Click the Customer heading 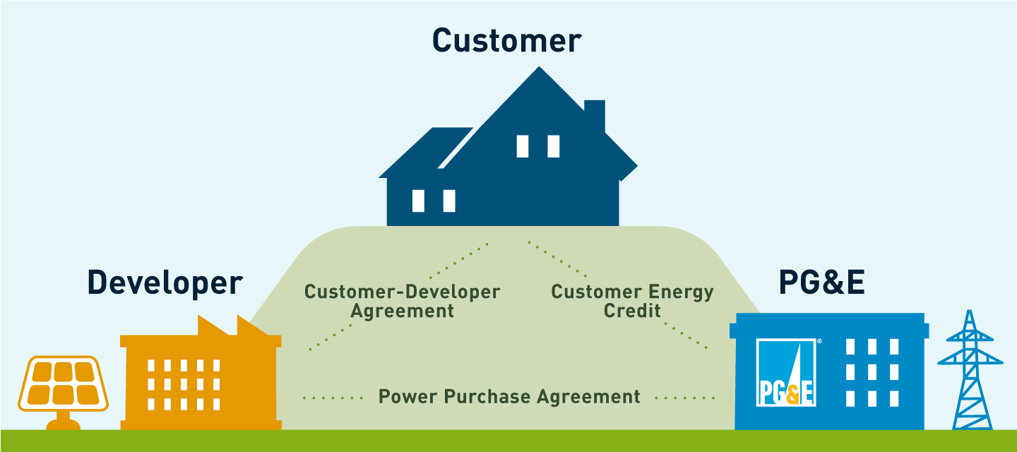506,40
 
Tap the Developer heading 165,282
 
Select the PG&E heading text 821,282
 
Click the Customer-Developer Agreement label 402,301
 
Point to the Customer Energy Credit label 632,301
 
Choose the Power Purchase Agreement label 509,396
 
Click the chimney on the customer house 595,117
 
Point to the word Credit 632,311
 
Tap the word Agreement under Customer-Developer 403,311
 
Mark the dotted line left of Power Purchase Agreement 333,398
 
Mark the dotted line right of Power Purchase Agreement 684,398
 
